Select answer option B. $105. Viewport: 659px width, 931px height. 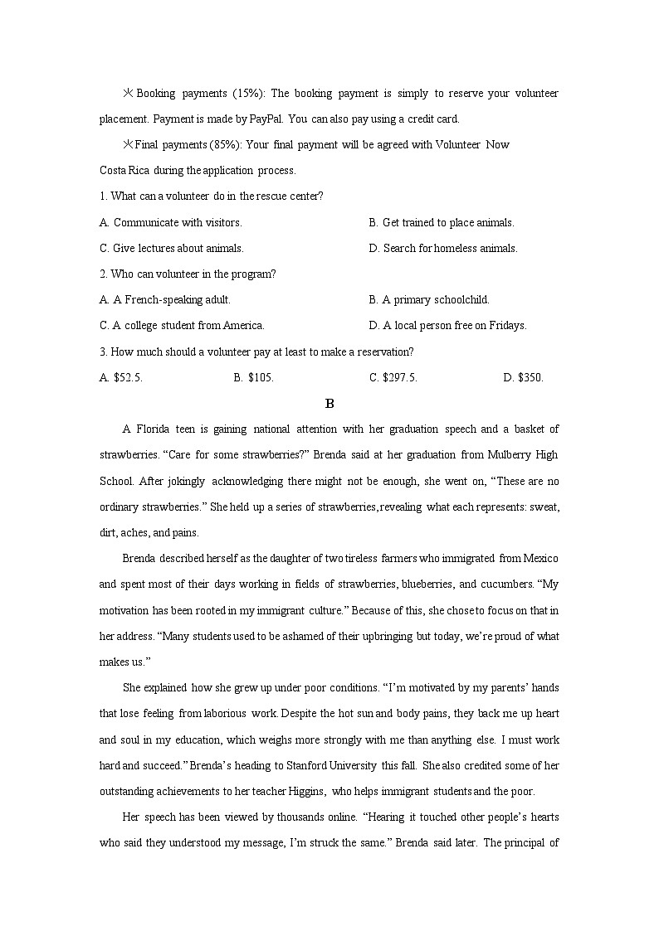point(253,377)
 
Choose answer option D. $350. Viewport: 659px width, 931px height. point(523,377)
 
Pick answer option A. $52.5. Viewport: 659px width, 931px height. point(121,377)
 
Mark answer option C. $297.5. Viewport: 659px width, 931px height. point(393,377)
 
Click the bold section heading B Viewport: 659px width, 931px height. point(329,404)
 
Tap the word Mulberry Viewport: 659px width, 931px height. point(510,454)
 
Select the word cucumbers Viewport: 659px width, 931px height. point(505,584)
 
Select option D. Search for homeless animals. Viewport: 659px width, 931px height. point(443,248)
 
